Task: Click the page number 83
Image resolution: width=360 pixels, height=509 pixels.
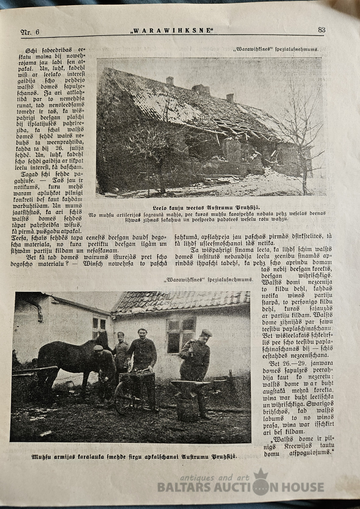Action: tap(321, 30)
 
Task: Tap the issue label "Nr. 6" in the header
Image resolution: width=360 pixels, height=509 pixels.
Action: tap(30, 32)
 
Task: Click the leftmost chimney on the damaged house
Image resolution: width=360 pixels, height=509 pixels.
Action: tap(170, 81)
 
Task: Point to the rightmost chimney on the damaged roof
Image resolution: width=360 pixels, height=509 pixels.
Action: tap(230, 98)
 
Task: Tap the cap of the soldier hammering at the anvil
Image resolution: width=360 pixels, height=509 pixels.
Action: tap(206, 333)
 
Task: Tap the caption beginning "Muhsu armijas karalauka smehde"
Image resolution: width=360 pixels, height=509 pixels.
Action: tap(134, 457)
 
